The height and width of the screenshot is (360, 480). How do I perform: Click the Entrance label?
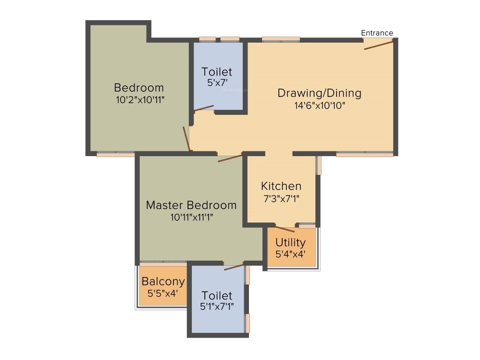(x=377, y=33)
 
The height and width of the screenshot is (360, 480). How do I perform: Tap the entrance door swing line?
(x=378, y=45)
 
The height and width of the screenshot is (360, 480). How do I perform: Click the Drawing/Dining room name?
(x=319, y=93)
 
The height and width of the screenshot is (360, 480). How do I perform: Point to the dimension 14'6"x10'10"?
(x=320, y=105)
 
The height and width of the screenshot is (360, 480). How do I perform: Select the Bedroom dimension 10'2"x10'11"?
(x=140, y=100)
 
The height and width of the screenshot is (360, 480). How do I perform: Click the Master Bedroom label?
(x=191, y=205)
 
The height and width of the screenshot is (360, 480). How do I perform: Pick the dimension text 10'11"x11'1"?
(x=192, y=217)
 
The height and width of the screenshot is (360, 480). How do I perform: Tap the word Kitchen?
(x=281, y=186)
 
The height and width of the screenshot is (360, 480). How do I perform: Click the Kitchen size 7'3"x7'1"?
(x=281, y=199)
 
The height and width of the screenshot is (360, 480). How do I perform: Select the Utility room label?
(x=291, y=242)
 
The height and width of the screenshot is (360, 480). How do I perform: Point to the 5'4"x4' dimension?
(x=291, y=254)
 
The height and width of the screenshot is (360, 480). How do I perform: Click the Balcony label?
(x=163, y=282)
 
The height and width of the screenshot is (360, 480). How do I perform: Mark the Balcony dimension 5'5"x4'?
(x=163, y=293)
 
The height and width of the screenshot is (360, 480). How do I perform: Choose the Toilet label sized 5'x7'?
(x=217, y=72)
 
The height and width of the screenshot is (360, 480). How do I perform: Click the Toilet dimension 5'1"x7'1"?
(x=217, y=307)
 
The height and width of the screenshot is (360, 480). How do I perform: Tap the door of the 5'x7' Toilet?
(x=204, y=108)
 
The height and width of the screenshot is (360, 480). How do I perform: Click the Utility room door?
(x=285, y=229)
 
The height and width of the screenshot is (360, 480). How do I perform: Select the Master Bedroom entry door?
(x=230, y=158)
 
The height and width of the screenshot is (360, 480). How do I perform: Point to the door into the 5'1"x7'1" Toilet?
(x=234, y=266)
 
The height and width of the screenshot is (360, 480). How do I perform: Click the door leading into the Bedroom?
(x=187, y=139)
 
